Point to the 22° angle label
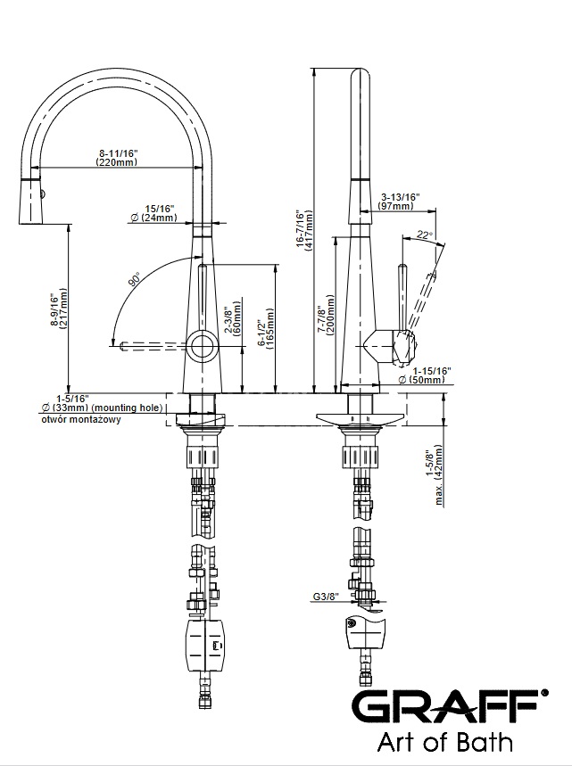[x=425, y=235]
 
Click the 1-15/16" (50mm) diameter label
[x=420, y=375]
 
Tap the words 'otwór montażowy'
[x=81, y=420]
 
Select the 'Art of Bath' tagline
[x=445, y=742]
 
